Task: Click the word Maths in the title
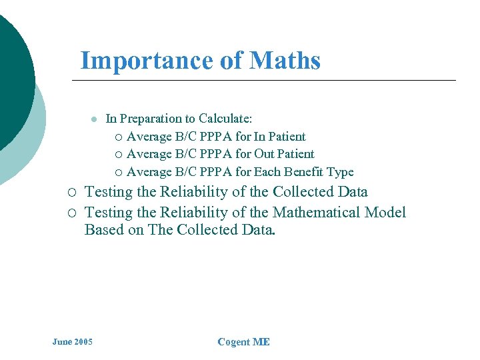pos(285,61)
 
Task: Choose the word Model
pos(386,213)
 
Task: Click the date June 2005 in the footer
pos(73,342)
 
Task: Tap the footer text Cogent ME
pos(243,342)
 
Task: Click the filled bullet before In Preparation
pos(94,119)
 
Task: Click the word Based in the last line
pos(102,231)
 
